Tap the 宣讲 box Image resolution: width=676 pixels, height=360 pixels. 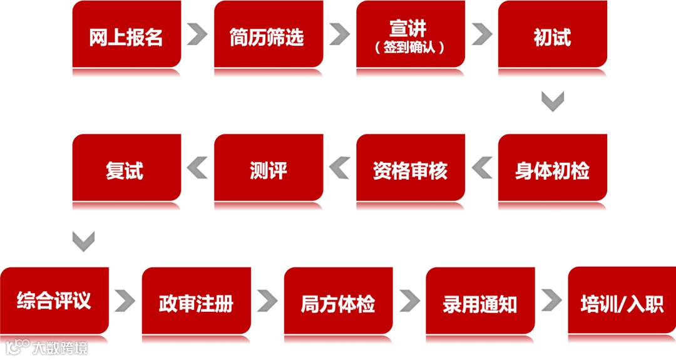coord(411,28)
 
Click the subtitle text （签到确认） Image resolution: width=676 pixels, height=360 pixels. coord(411,48)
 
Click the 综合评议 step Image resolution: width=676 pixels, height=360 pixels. coord(54,301)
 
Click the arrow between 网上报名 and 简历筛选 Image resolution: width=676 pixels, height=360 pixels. coord(197,34)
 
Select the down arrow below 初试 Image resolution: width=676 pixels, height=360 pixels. coord(553,101)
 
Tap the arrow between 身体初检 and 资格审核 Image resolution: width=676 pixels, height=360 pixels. coord(481,168)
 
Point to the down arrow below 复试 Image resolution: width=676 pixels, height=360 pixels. coord(83,240)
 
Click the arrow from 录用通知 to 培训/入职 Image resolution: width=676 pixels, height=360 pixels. coord(551,301)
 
